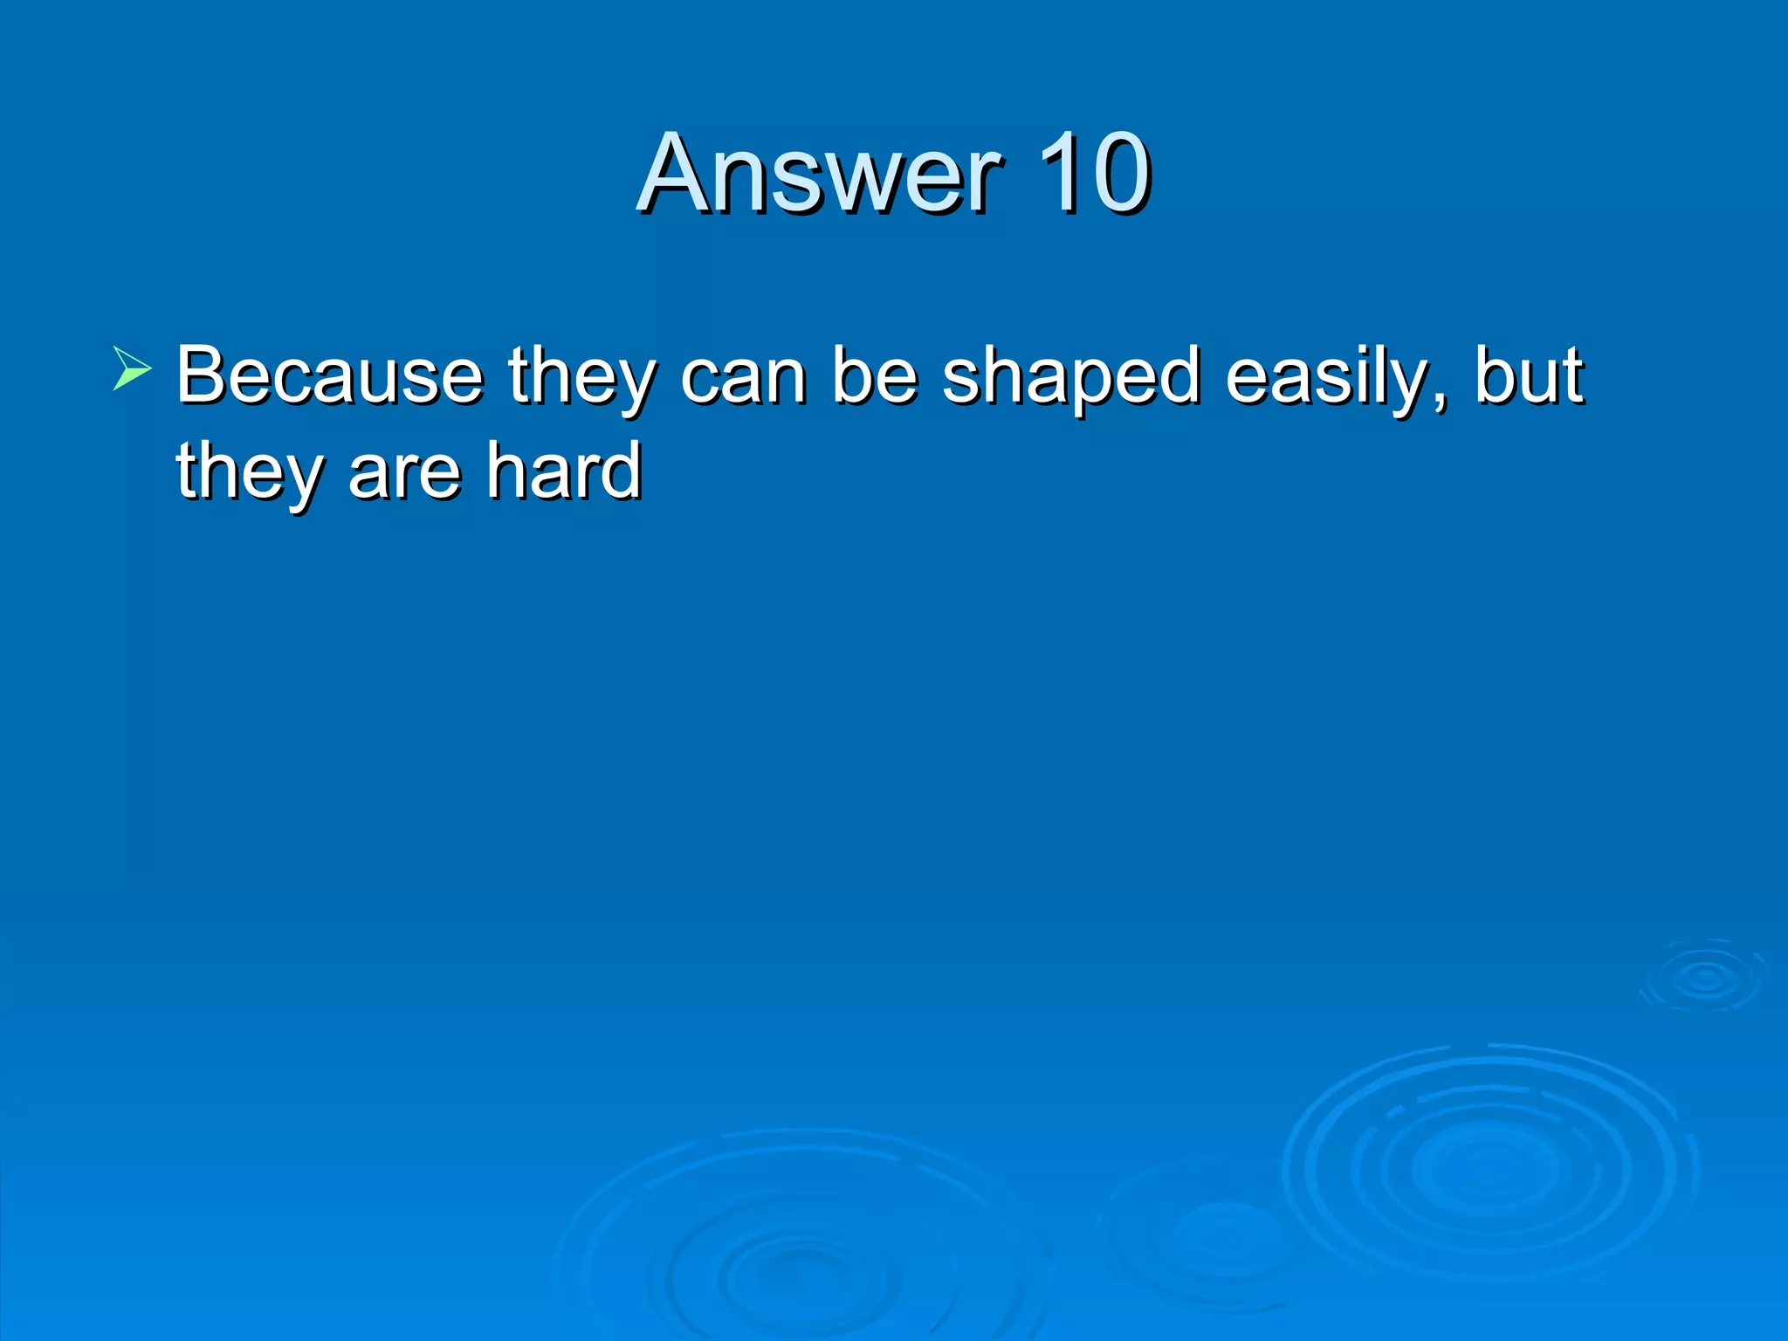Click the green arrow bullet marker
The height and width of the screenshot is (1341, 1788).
point(131,368)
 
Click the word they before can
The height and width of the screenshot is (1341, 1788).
point(581,377)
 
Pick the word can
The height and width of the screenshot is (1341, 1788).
point(743,377)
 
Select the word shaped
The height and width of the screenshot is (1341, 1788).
point(1070,377)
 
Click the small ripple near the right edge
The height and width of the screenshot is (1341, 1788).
point(1704,978)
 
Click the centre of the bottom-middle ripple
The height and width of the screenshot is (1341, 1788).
point(808,1279)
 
